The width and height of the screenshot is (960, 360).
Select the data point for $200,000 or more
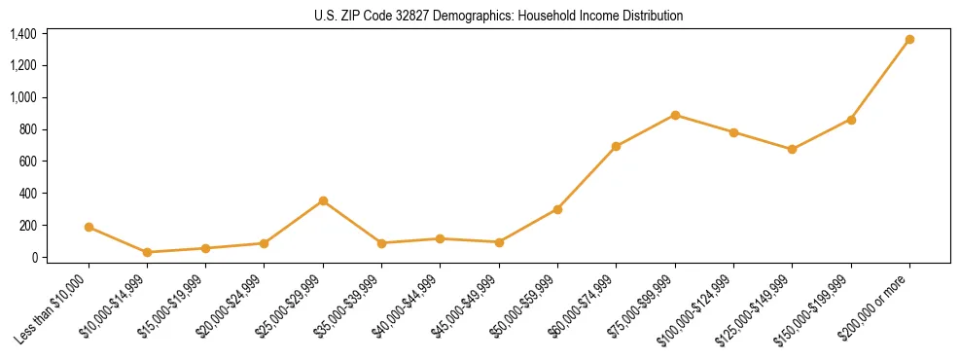(x=909, y=40)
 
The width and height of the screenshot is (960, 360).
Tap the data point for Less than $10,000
(x=89, y=228)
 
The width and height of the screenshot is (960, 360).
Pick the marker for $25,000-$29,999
(x=323, y=201)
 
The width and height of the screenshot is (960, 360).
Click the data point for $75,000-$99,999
(x=675, y=115)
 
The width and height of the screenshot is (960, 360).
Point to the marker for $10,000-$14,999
(x=147, y=252)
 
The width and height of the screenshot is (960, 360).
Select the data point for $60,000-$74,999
(x=616, y=146)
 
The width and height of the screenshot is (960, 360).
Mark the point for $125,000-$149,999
(x=792, y=150)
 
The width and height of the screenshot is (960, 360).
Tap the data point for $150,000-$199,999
(x=851, y=120)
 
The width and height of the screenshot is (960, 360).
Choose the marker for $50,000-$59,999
(x=557, y=209)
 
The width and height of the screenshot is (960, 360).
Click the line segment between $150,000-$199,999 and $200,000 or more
(x=880, y=80)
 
